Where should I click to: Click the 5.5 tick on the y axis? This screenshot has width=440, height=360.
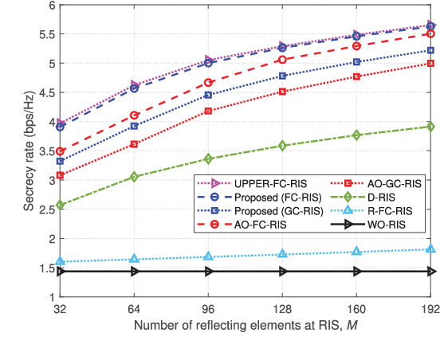click(x=46, y=34)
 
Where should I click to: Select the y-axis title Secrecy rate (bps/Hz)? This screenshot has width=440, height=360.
click(x=28, y=151)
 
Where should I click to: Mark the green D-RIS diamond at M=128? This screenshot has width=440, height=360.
click(x=283, y=146)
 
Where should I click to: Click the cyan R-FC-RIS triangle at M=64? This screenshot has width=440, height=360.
click(x=134, y=259)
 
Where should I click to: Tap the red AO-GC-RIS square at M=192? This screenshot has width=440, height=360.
click(x=431, y=64)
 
